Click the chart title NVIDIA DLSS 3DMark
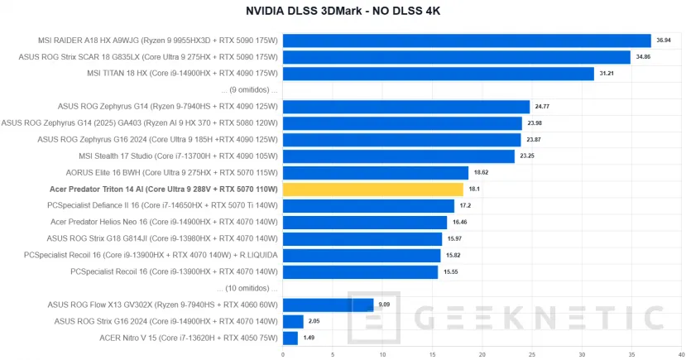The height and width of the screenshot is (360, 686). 343,12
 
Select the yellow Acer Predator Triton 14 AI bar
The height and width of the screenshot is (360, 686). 372,190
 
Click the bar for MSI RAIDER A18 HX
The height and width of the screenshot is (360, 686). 467,41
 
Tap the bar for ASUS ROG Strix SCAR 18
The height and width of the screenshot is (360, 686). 456,57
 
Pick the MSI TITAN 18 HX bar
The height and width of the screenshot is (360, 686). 438,74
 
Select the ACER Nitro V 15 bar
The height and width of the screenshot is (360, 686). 290,338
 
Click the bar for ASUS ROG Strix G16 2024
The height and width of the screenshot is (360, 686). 293,321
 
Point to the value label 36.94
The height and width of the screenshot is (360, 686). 664,41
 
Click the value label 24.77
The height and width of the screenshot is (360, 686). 542,107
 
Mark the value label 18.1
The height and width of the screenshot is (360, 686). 473,190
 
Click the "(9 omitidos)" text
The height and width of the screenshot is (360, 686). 251,90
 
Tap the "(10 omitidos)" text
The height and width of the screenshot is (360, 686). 249,288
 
